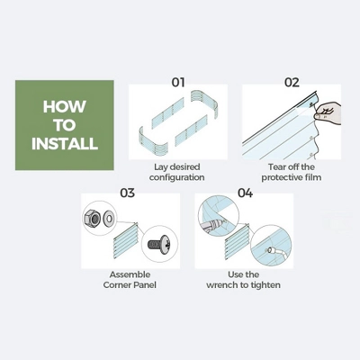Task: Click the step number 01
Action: pos(178,82)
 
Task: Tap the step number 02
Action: pos(292,82)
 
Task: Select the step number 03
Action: pos(128,193)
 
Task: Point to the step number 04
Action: pos(245,193)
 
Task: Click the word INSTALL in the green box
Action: pos(65,144)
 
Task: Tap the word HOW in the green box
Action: pos(65,107)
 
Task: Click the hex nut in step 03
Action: pos(93,218)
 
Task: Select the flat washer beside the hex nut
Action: pos(108,218)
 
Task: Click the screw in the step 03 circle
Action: pos(160,244)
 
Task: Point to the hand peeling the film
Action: pos(328,112)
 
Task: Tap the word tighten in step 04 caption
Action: pos(265,285)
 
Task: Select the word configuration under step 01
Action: pos(176,177)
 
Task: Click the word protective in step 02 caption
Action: pos(280,177)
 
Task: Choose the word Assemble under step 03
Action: pos(130,274)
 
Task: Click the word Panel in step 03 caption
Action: pos(145,284)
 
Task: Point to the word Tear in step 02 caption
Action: pos(275,166)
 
